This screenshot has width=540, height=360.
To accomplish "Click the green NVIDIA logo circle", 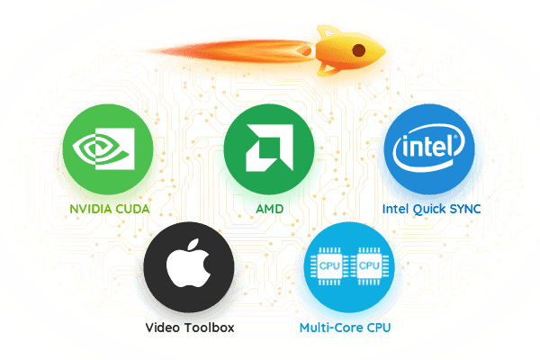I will (108, 149).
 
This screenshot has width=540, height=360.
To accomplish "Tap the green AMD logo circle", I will (269, 149).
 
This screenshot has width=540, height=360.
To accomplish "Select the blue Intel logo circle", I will (429, 149).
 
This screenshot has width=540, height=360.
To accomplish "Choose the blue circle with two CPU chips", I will (349, 267).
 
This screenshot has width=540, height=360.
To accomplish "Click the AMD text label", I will (269, 209).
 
